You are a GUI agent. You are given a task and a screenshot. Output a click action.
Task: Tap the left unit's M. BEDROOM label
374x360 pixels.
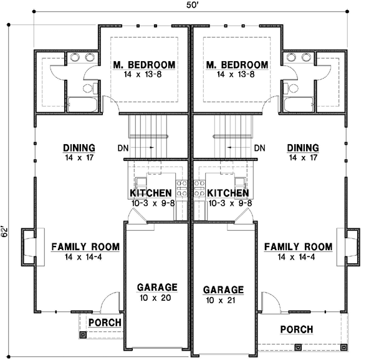tap(144, 65)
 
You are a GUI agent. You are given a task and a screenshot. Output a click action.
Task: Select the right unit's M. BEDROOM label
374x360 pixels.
tap(237, 65)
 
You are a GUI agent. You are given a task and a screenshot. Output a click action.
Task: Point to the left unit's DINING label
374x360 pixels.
tap(79, 148)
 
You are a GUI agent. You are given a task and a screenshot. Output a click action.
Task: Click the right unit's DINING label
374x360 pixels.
tap(303, 148)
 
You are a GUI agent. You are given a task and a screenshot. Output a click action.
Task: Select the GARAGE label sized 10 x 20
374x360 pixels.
tap(158, 287)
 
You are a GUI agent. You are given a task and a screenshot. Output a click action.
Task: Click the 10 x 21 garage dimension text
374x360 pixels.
tap(223, 300)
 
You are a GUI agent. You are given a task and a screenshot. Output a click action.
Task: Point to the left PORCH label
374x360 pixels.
tap(104, 323)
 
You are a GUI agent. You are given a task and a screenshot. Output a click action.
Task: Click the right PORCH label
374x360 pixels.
tap(296, 329)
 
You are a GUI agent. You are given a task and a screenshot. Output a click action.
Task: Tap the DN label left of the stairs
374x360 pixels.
tap(122, 148)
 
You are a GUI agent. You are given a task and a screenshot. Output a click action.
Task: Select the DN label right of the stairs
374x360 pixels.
tap(260, 148)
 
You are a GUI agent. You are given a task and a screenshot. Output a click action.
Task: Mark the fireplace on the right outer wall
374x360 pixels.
tap(352, 246)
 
